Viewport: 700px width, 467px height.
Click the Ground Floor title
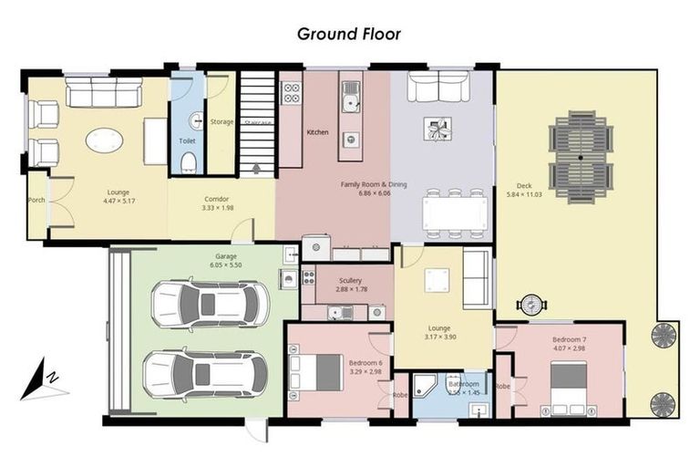pos(349,34)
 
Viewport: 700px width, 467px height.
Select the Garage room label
pos(226,256)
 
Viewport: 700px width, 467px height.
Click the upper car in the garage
pos(211,303)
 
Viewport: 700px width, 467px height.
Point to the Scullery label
pos(350,280)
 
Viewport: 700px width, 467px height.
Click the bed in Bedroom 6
pos(315,372)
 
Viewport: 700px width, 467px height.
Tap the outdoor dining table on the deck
pos(581,157)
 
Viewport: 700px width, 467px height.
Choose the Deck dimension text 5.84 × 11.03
pos(524,194)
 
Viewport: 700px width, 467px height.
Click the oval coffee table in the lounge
pos(104,140)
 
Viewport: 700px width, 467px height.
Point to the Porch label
pos(36,200)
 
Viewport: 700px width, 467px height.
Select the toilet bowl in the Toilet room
pos(189,162)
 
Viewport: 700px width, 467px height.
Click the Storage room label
pos(221,121)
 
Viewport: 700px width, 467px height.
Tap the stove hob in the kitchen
pos(292,92)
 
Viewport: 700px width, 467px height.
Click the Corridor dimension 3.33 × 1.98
pos(216,208)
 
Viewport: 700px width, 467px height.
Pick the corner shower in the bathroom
pos(426,386)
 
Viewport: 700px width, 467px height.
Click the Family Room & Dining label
pos(374,184)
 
